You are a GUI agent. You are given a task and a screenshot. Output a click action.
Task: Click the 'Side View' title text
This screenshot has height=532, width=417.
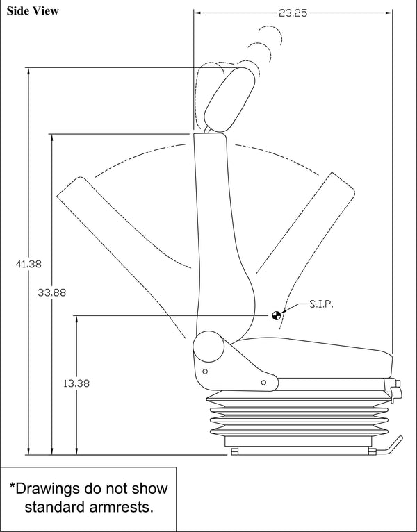[33, 10]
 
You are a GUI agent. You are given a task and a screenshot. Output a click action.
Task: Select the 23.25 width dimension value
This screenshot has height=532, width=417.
[293, 13]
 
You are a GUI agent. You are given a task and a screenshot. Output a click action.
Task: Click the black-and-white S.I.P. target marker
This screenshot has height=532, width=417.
[277, 315]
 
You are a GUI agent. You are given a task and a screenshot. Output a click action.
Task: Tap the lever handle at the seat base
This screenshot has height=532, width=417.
[392, 445]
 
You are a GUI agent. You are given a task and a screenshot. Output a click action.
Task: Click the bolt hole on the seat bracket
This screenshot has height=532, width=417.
[263, 381]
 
